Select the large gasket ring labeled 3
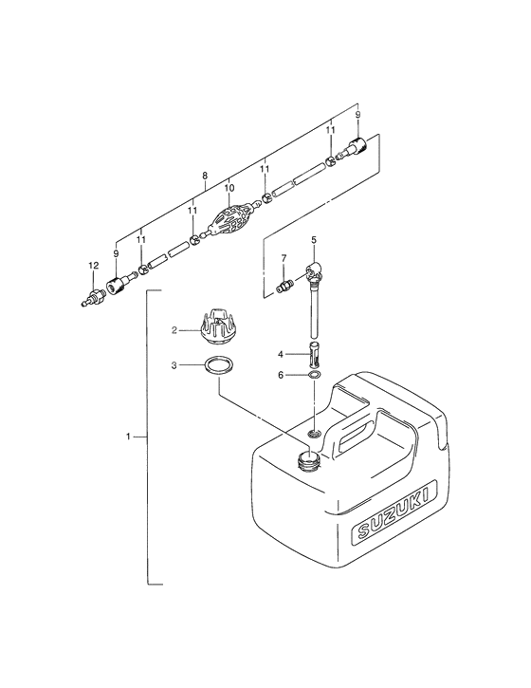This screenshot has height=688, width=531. point(218,365)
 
